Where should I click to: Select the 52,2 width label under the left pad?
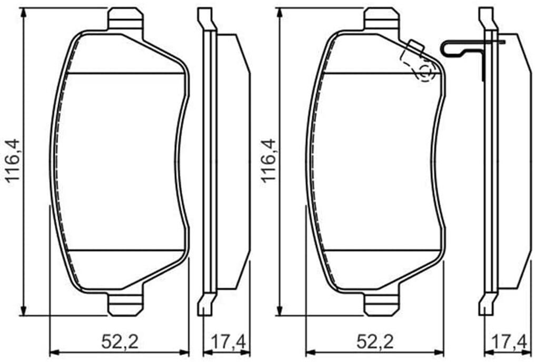pos(120,341)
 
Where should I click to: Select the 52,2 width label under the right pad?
pos(375,341)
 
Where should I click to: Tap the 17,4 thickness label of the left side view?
pos(228,341)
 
